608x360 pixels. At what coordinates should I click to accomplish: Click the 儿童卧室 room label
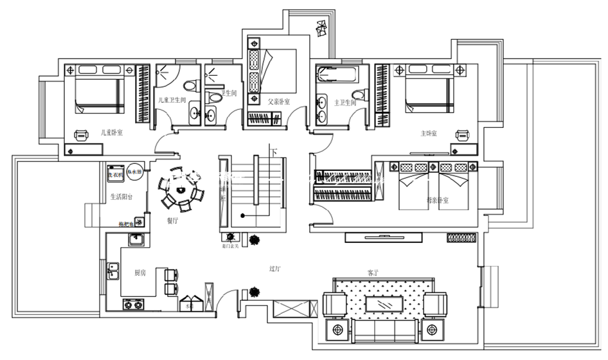click(x=112, y=132)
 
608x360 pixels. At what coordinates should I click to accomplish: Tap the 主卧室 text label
click(x=429, y=134)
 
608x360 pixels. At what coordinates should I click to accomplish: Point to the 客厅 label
click(x=373, y=273)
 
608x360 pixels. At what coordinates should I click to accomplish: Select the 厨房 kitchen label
click(x=140, y=273)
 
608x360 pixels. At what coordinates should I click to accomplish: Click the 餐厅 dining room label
click(x=172, y=220)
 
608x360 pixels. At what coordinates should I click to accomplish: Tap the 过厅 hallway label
click(x=275, y=268)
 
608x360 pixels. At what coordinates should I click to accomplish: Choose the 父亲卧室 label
click(x=278, y=101)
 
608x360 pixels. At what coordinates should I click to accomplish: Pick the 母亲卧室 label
click(x=438, y=201)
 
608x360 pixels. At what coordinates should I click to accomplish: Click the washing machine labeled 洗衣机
click(x=115, y=173)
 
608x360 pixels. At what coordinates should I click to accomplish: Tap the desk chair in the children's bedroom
click(x=82, y=134)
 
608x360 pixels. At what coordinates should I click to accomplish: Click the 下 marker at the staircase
click(x=275, y=153)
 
